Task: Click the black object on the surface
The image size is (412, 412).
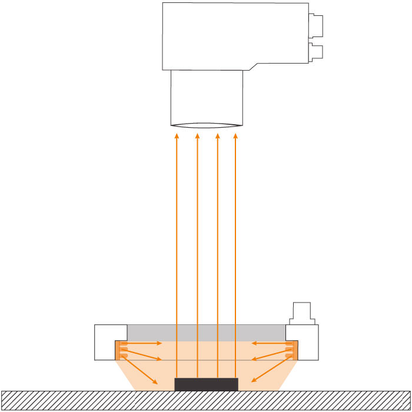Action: tap(207, 384)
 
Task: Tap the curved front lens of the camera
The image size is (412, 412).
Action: tap(207, 125)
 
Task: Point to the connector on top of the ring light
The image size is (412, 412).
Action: tap(302, 312)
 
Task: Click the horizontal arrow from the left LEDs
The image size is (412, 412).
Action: tap(144, 343)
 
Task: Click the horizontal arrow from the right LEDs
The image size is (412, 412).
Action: tap(268, 343)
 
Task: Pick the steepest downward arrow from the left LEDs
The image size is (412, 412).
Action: tap(141, 371)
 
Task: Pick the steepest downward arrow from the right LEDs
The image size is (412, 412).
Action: tap(271, 371)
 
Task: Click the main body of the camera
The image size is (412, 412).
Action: tap(235, 35)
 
